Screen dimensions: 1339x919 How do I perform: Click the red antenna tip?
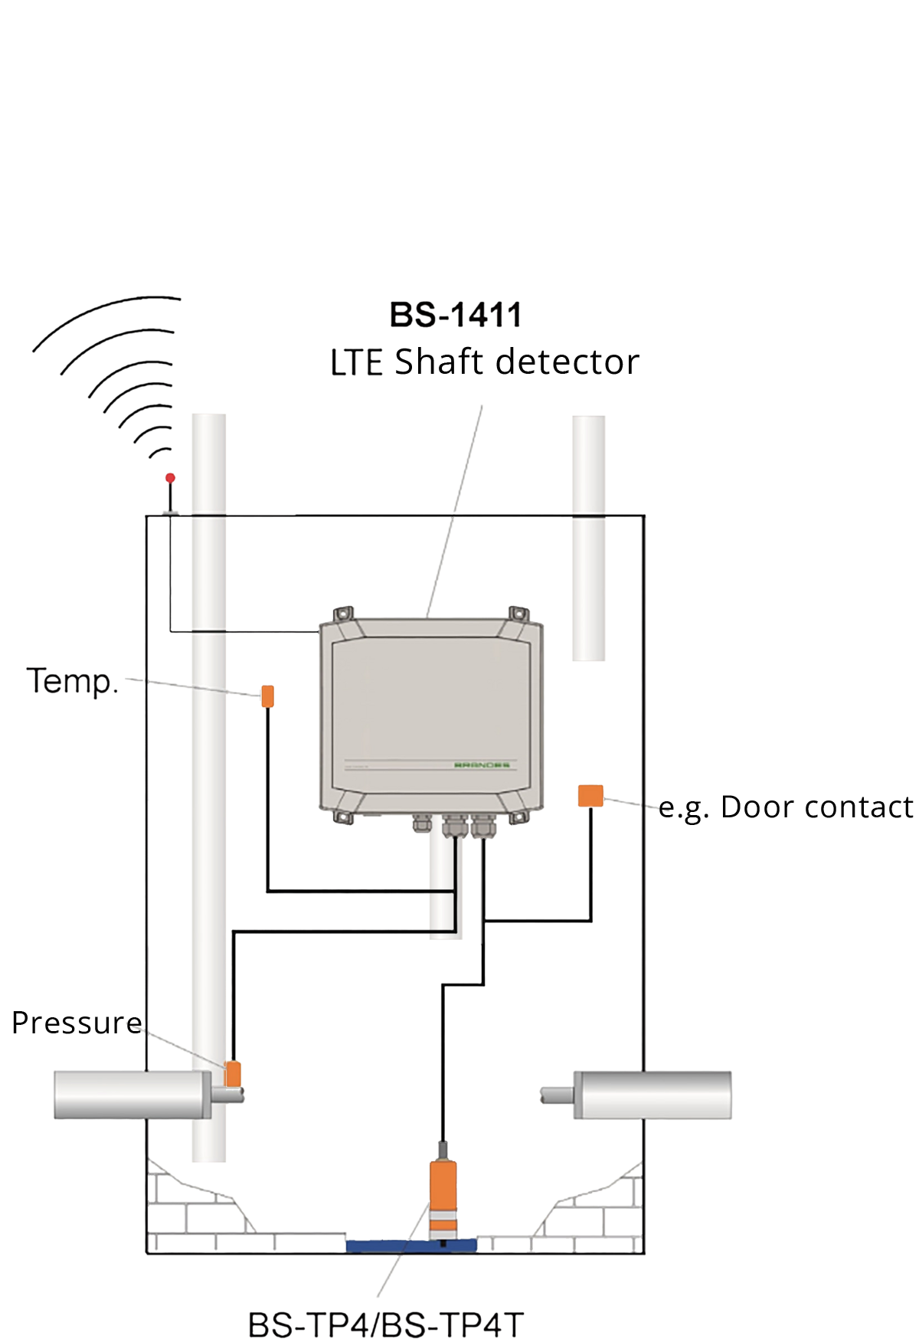coord(170,478)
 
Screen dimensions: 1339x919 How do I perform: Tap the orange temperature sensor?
coord(267,696)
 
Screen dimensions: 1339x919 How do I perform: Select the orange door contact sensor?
coord(590,795)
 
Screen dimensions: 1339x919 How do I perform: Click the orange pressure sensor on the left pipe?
coord(233,1072)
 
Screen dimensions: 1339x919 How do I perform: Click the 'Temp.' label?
coord(74,681)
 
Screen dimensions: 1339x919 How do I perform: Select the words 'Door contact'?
coord(817,807)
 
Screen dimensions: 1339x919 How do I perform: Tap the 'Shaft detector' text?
coord(517,362)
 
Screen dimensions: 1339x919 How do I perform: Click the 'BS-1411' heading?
coord(456,315)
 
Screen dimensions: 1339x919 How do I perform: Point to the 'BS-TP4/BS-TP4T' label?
coord(387,1324)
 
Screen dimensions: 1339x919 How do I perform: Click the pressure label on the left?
coord(67,1023)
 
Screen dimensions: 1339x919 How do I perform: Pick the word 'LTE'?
coord(356,364)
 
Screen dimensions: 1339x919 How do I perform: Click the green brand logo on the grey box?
coord(482,764)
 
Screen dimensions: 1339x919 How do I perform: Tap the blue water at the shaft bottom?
coord(383,1246)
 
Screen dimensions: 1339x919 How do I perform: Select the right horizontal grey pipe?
coord(651,1095)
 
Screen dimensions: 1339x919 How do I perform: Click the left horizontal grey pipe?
coord(130,1095)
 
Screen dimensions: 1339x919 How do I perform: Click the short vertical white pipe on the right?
coord(589,536)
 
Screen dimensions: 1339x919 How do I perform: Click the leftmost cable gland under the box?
coord(422,823)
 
